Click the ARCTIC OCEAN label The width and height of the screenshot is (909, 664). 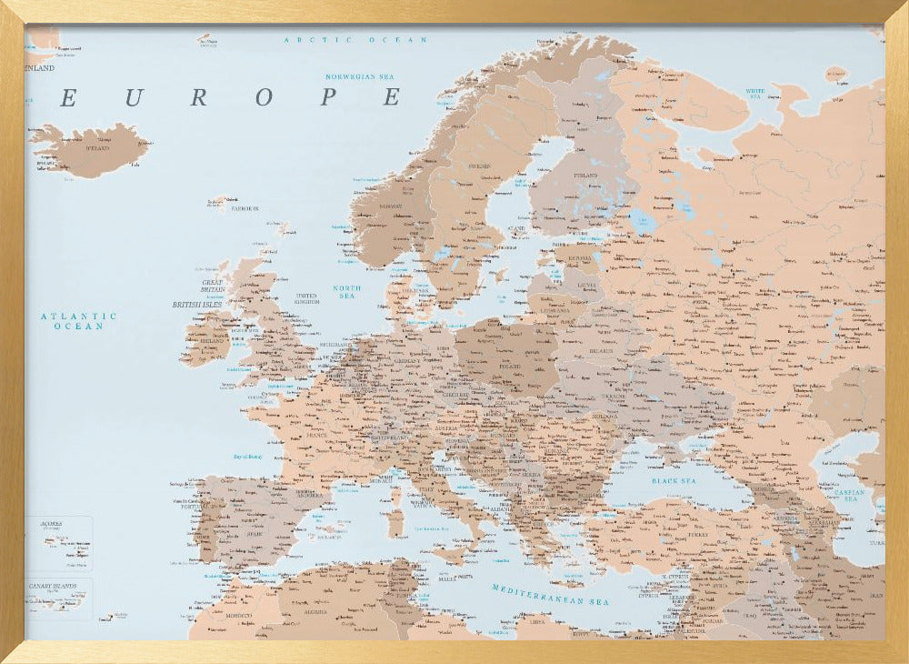[355, 40]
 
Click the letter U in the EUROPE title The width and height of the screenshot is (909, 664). [132, 97]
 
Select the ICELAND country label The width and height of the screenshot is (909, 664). [96, 147]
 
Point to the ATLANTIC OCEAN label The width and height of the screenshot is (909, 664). [78, 320]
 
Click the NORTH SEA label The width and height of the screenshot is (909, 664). [346, 292]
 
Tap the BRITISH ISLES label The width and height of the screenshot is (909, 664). [197, 304]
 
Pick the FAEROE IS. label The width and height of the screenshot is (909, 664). [245, 208]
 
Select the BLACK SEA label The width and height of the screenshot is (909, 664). [673, 479]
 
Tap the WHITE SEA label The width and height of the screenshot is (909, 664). [755, 93]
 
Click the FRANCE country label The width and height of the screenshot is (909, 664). [315, 435]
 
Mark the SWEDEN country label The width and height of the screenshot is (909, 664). [479, 166]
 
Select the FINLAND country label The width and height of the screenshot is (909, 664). [585, 175]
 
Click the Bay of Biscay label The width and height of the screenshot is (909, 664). [247, 457]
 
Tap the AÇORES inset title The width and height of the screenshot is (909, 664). [51, 524]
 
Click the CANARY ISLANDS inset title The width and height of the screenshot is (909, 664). [53, 587]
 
